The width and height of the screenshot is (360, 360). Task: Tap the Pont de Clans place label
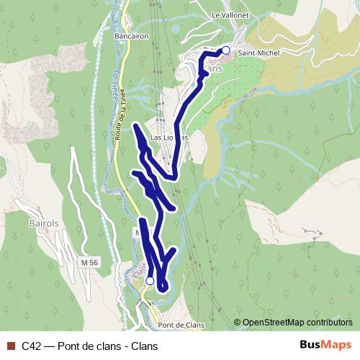[181, 325]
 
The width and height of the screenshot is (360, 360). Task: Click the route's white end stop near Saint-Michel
[225, 50]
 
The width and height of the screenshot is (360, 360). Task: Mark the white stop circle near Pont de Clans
[150, 281]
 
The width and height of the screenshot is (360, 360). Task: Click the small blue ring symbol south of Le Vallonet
[175, 29]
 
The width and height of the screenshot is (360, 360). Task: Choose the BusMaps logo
[325, 346]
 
